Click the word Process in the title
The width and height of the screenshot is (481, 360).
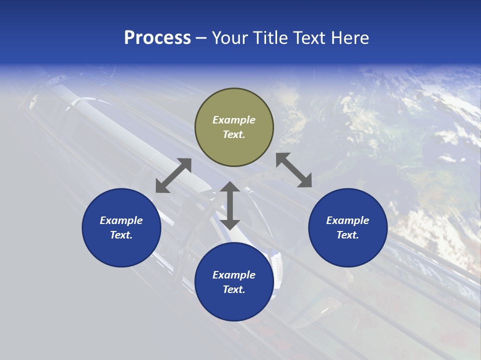point(157,38)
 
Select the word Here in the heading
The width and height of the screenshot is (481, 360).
point(349,38)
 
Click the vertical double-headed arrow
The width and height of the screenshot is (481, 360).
point(230,205)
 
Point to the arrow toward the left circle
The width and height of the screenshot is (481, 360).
point(173,175)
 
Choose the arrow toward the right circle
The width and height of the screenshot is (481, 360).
point(294,170)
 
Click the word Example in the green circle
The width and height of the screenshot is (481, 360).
point(234,120)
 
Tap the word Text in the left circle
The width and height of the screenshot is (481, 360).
point(121,235)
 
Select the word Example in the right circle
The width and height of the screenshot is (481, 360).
point(348,220)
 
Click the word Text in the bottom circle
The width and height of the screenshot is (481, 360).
point(234,289)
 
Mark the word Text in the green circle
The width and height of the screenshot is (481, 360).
point(234,134)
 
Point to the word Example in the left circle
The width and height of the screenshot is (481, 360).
point(121,220)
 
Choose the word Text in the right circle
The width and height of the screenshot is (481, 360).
point(348,235)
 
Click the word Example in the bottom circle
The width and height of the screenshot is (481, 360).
point(234,275)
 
